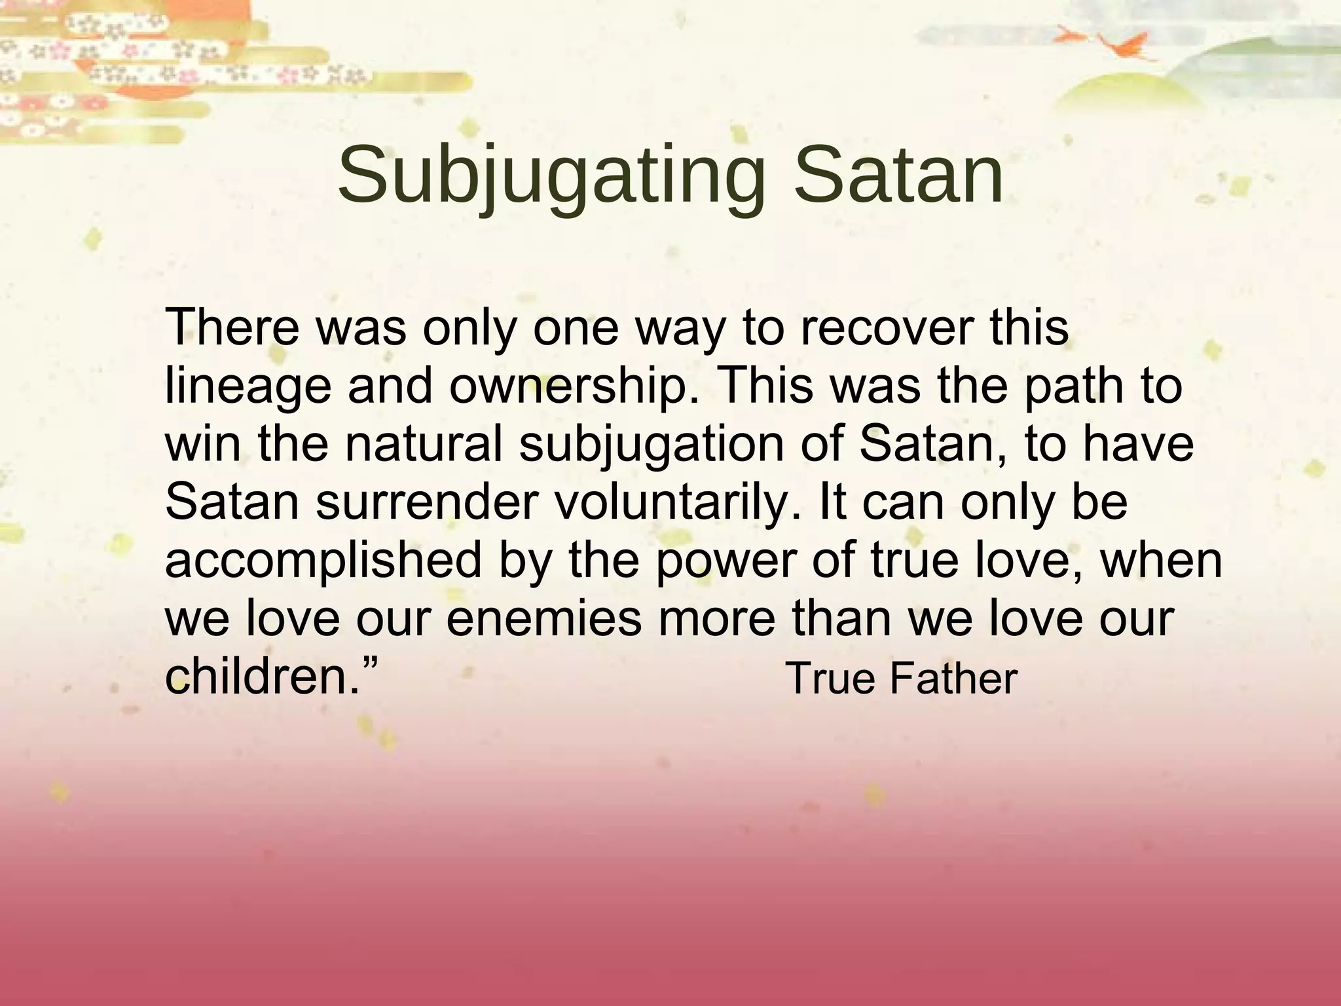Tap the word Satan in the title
point(898,176)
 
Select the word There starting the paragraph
point(232,327)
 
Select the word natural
point(424,443)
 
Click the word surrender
point(426,502)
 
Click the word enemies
point(544,619)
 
